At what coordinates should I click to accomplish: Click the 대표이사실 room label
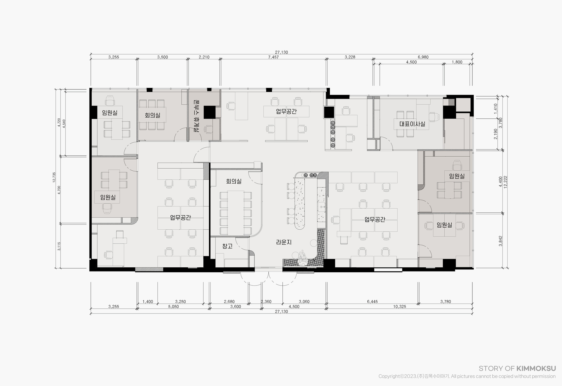412,124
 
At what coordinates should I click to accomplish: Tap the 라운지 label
284,242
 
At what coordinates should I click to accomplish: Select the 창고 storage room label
227,246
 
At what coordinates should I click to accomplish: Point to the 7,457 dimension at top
273,57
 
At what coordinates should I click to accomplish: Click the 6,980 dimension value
423,57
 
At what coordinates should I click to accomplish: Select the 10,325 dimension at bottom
400,307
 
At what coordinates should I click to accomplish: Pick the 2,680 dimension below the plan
229,302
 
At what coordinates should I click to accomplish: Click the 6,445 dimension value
372,302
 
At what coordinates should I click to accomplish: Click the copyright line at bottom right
467,376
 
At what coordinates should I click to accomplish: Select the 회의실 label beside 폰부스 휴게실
153,115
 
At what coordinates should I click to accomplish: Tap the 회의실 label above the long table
234,181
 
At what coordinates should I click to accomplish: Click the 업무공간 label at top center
286,111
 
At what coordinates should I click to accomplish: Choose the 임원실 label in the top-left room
110,113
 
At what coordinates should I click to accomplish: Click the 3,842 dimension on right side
501,241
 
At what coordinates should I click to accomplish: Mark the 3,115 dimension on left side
59,246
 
